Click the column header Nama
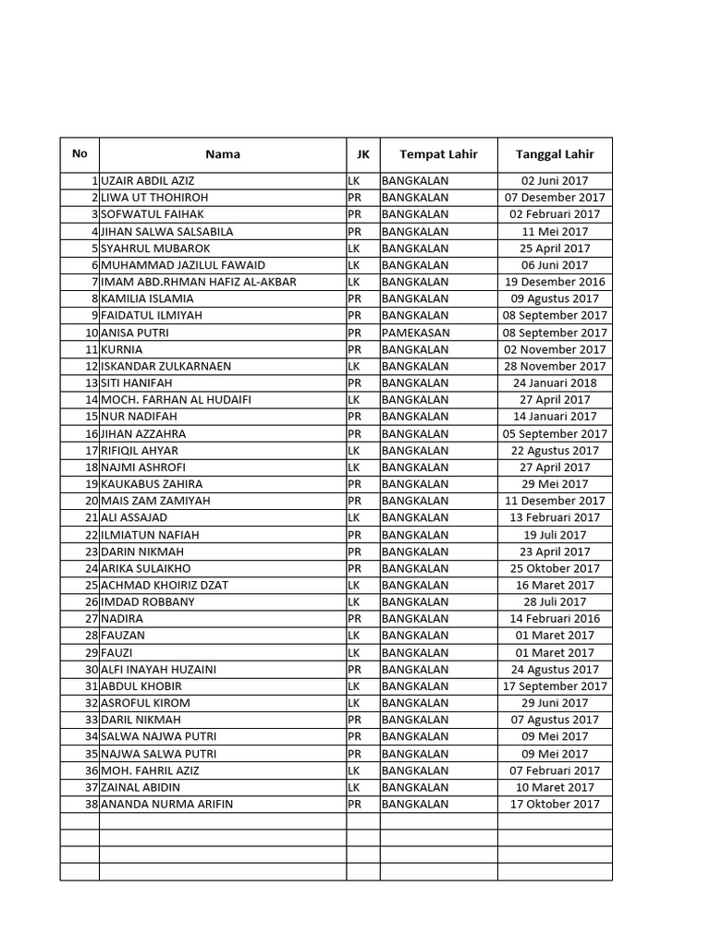222,154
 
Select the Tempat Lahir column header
438,154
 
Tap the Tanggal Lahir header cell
555,154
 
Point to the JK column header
362,154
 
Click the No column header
80,153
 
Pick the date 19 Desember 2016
555,282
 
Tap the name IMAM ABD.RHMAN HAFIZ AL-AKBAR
199,282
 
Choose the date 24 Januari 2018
555,382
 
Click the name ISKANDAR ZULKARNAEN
166,366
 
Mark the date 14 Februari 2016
555,619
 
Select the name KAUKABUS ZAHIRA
152,484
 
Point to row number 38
91,805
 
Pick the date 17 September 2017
555,686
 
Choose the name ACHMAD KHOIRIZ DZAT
165,585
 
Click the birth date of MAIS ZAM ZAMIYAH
555,501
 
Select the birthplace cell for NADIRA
414,619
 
